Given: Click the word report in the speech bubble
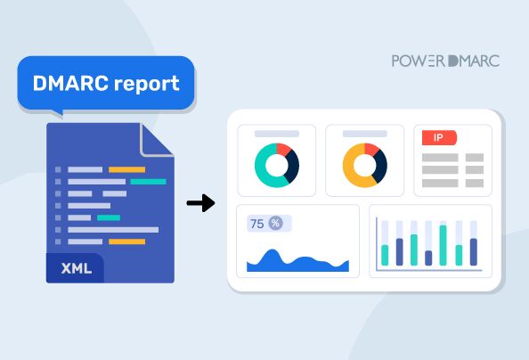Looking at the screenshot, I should click(x=142, y=84).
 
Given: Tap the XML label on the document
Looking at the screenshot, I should click(x=74, y=267).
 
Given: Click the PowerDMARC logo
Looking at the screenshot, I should click(x=445, y=61).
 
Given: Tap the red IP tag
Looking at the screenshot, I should click(x=439, y=137).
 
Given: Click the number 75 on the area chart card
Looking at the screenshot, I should click(x=256, y=224).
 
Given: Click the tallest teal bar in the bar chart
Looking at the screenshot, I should click(x=443, y=245).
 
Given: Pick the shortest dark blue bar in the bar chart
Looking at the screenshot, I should click(x=428, y=258).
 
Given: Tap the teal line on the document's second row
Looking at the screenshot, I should click(x=148, y=181).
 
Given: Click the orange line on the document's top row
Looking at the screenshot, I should click(x=126, y=169).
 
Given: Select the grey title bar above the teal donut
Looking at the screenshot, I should click(x=276, y=134).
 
